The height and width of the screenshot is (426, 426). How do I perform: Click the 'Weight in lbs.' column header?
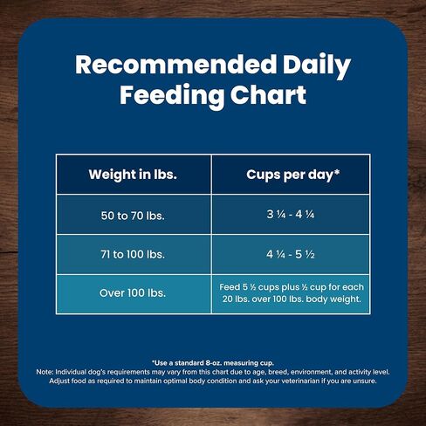133,174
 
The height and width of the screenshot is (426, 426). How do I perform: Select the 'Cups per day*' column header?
291,174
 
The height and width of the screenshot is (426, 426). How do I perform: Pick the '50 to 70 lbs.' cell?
133,214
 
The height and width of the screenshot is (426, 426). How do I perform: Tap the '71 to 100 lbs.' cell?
133,254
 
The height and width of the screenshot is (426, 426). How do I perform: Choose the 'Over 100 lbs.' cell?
133,293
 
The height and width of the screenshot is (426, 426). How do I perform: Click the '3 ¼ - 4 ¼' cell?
291,214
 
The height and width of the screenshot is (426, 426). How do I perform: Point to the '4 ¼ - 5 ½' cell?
291,254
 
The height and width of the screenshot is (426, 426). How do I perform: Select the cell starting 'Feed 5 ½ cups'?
291,293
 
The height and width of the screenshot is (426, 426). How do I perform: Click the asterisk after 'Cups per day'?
337,172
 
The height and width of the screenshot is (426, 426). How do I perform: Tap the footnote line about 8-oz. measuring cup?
212,361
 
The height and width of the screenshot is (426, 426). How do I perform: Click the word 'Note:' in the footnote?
47,371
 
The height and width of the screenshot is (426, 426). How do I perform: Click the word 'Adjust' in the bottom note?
63,381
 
